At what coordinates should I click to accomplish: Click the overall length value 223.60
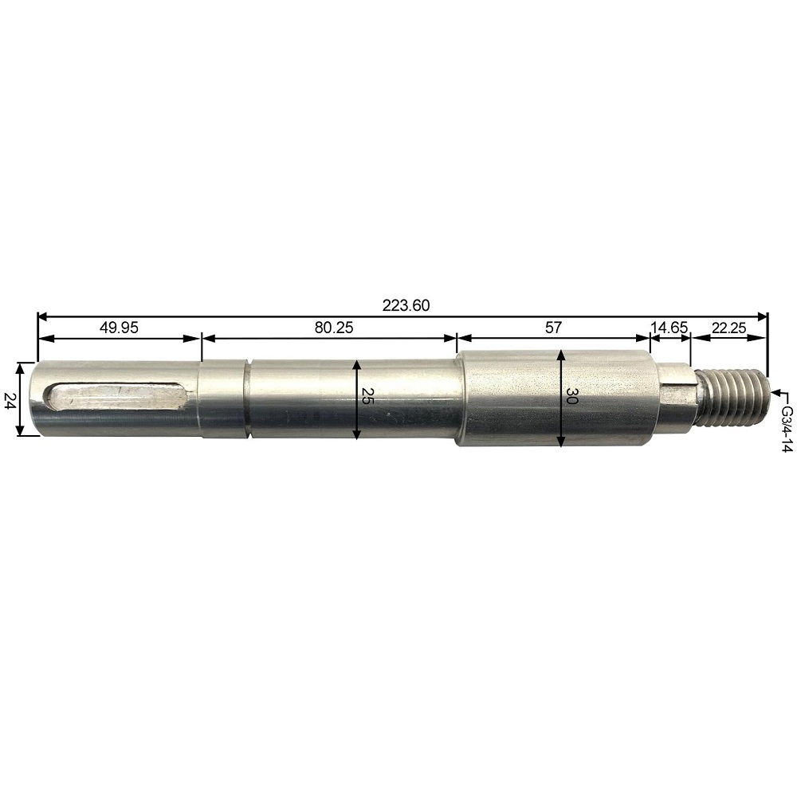coord(406,305)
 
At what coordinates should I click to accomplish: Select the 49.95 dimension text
coord(119,328)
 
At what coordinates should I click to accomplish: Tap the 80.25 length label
coord(333,328)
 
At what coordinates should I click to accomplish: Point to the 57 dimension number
coord(554,328)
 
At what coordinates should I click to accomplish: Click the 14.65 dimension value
coord(669,327)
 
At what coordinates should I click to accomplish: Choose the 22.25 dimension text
coord(729,328)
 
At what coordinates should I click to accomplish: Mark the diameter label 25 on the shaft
coord(367,395)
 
